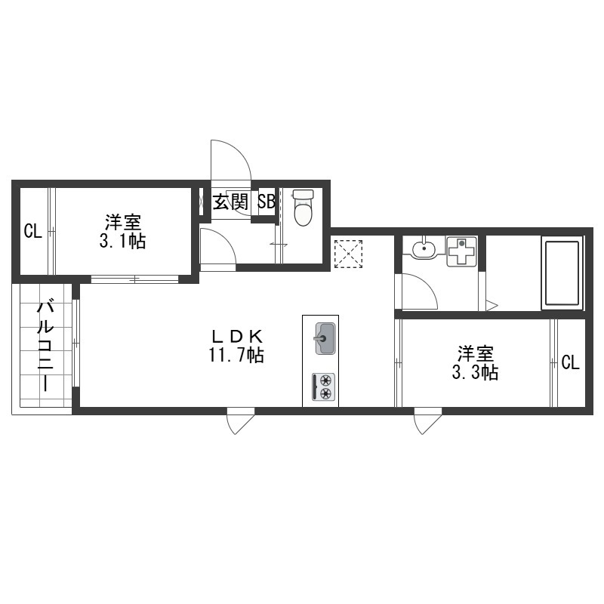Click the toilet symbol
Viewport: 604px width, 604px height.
point(303,207)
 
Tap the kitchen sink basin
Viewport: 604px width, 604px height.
point(325,338)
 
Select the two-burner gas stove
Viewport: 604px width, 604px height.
point(324,387)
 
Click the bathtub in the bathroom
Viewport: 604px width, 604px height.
point(562,273)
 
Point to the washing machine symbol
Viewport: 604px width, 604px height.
point(461,251)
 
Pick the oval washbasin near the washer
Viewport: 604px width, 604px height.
point(424,248)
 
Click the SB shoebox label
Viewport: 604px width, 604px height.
point(267,202)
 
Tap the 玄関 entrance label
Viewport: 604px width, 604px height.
point(230,202)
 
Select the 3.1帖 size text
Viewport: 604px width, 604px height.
point(122,241)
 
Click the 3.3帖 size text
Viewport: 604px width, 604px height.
point(475,372)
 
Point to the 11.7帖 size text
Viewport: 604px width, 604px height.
point(236,355)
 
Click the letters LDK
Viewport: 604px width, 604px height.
point(236,337)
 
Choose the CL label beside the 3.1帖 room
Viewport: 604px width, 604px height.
point(32,232)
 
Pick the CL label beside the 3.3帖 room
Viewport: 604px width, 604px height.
point(570,362)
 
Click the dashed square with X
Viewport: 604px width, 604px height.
point(349,254)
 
